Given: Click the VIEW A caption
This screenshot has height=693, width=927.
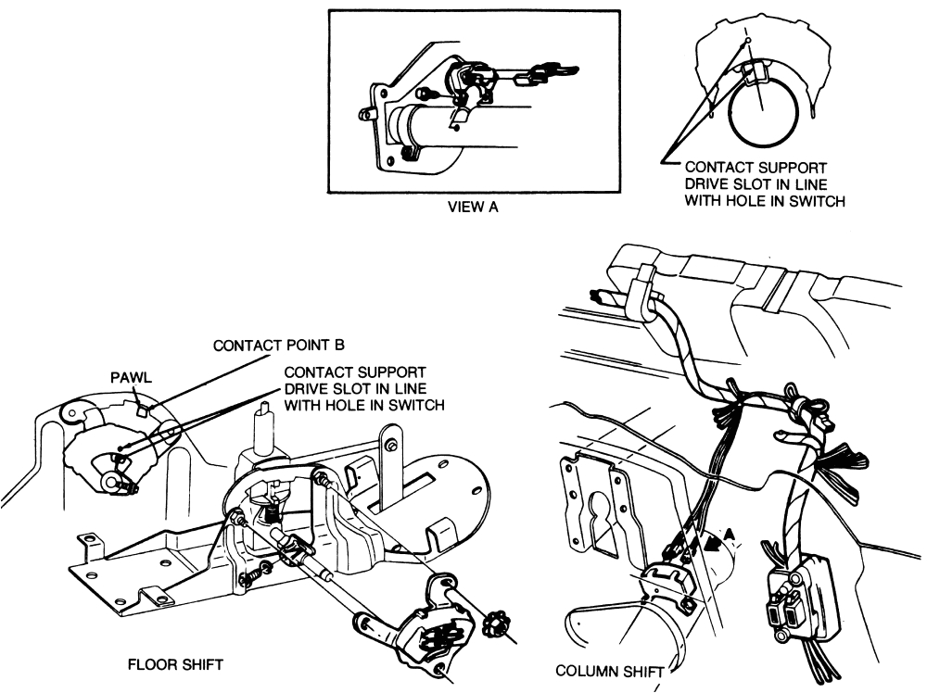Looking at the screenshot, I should (473, 208).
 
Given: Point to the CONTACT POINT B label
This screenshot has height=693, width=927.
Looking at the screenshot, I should (278, 346).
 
